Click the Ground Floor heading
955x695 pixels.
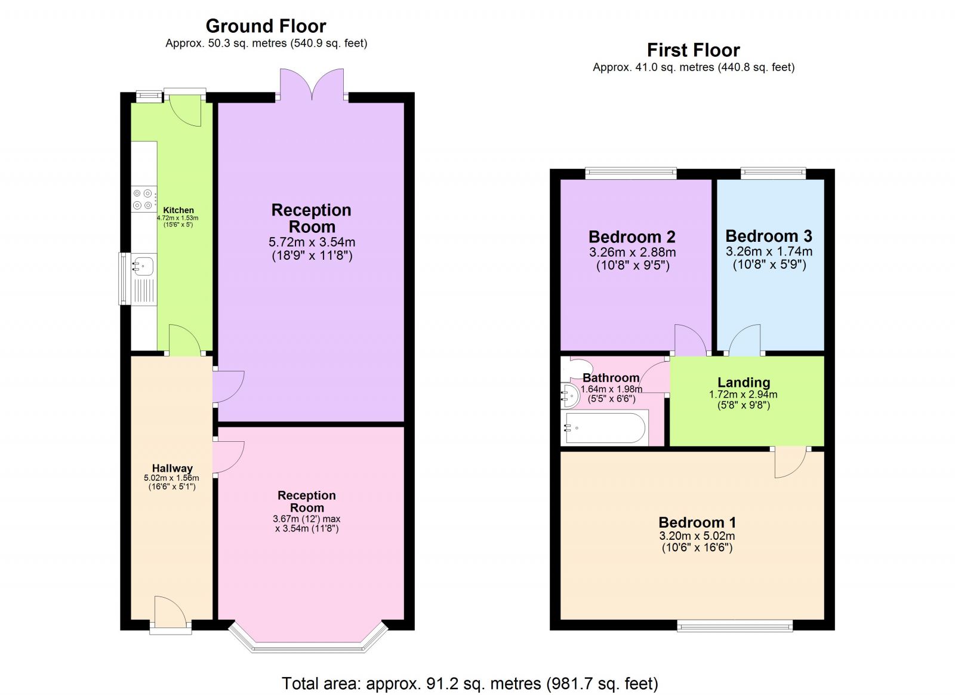tap(266, 26)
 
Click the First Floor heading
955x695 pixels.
tap(693, 50)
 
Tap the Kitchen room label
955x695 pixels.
tap(178, 210)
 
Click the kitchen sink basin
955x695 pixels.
tap(144, 265)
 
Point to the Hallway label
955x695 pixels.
tap(172, 468)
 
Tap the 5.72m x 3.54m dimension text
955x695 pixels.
tap(312, 242)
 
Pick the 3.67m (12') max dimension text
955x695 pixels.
tap(307, 519)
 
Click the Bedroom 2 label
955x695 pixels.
tap(631, 236)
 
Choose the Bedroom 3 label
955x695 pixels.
tap(769, 236)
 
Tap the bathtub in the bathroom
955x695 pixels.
tap(605, 428)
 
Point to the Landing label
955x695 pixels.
tap(743, 382)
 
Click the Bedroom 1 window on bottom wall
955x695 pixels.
tap(735, 625)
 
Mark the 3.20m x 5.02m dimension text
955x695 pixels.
tap(697, 536)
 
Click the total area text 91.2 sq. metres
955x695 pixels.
tap(470, 683)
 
